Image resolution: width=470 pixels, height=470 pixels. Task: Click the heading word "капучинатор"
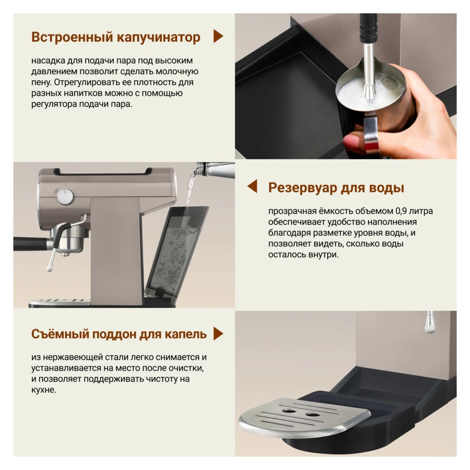coord(158,38)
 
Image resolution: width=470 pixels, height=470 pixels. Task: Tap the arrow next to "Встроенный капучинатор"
coord(218,36)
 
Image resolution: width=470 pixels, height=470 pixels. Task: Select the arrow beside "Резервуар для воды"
coord(252,186)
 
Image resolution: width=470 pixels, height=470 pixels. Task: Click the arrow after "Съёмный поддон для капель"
coord(218,333)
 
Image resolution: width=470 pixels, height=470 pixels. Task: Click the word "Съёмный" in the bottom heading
coord(60,334)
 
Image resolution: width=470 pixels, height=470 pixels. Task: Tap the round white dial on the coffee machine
coord(65,197)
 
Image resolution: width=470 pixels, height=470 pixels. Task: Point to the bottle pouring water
coord(214,170)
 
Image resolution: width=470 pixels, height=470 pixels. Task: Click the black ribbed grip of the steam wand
coord(368,29)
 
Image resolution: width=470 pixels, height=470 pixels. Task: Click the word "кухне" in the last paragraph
coord(43,390)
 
